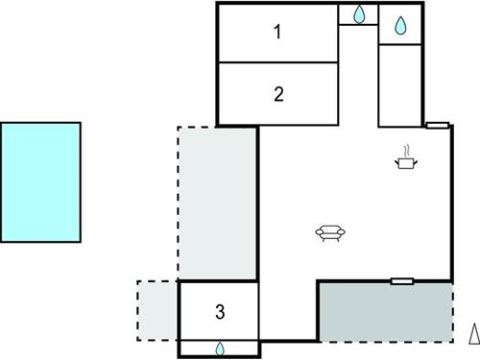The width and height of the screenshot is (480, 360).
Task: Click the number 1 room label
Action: pos(277,33)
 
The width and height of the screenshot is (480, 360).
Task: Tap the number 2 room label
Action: pos(278,94)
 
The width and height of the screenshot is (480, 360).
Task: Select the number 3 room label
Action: pos(220,312)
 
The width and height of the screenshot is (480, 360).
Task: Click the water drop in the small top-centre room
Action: pos(359,14)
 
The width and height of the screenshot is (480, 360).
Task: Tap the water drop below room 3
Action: pos(220,348)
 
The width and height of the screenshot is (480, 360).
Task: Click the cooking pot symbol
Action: pos(408,165)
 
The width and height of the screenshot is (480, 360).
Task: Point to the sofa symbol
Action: pos(330,231)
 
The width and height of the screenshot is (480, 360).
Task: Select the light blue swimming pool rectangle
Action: pos(40,182)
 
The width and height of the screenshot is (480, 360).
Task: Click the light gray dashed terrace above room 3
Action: pos(218,202)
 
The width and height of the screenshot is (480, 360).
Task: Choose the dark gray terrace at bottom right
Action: pos(385,311)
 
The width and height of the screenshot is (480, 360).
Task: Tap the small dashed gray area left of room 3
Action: pos(158,309)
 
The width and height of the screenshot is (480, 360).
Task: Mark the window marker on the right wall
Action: pos(437,125)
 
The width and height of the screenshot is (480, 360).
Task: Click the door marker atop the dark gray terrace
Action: pos(402,281)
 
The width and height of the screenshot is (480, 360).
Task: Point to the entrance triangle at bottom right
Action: pos(472,334)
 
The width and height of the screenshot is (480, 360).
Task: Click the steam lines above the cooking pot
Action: pos(408,151)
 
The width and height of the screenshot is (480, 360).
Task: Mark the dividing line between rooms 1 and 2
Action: pos(278,63)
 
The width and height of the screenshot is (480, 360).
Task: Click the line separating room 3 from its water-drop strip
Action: pos(220,340)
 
